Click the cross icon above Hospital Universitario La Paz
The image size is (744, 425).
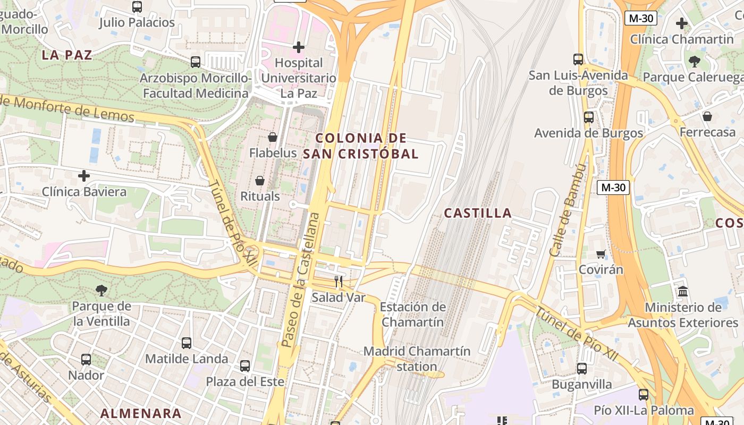coord(299,47)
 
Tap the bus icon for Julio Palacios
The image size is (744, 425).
coord(137,7)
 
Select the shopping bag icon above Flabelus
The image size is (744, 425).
coord(273,137)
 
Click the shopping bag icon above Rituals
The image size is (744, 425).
coord(260,181)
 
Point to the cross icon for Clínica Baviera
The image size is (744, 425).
coord(84,176)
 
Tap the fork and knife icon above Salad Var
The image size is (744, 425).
coord(339,281)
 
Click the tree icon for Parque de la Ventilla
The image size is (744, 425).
coord(102,290)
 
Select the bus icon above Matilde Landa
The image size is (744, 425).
coord(187,343)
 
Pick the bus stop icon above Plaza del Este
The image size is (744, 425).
coord(245,365)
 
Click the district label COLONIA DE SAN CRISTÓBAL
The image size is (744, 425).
coord(361,146)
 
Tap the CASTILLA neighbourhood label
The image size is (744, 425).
coord(478,214)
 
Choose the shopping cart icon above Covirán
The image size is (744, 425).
coord(601,254)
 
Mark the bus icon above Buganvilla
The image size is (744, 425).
coord(582,368)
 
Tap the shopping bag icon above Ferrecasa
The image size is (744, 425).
coord(707,116)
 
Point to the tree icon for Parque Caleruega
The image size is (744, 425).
coord(694,61)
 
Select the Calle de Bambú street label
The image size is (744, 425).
coord(568,210)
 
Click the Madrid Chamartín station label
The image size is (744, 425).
coord(417,359)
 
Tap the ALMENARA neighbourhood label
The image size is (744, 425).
coord(141,413)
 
